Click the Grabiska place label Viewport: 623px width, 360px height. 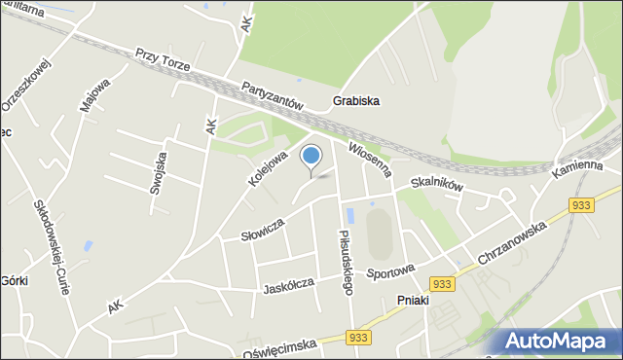[x=355, y=100]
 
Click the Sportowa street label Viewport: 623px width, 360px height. [x=390, y=270]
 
